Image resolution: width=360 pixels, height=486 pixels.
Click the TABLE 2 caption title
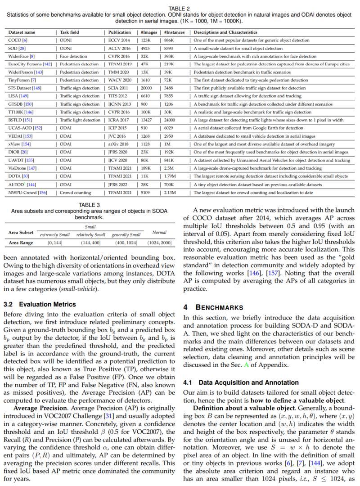click(x=179, y=9)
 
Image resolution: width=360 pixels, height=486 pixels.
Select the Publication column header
click(x=119, y=32)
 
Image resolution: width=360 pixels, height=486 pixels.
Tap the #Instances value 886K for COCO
click(x=169, y=40)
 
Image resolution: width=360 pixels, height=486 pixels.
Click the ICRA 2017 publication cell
click(x=118, y=120)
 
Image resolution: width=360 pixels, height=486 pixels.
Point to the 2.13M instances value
click(x=170, y=193)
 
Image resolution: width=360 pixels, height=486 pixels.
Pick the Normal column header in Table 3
click(x=159, y=233)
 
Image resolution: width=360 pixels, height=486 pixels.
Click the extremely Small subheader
click(x=55, y=235)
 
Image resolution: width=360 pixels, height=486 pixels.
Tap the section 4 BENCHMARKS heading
click(x=213, y=307)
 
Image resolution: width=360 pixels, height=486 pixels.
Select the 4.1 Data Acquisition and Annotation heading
click(x=241, y=382)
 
